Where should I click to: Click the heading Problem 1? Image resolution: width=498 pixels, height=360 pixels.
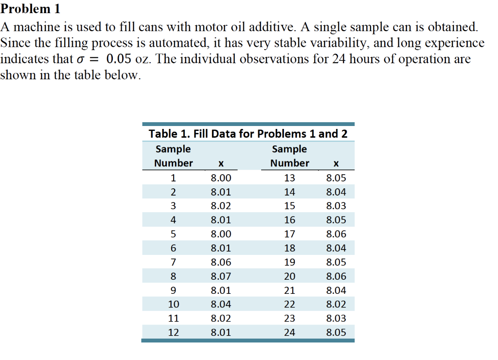[x=30, y=8]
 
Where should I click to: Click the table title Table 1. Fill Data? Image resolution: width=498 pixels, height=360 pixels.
[x=248, y=133]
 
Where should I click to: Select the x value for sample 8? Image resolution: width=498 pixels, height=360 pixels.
[x=221, y=276]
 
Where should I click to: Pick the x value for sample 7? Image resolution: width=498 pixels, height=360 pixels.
[x=221, y=262]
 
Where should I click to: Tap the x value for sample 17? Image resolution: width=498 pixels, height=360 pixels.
[x=336, y=234]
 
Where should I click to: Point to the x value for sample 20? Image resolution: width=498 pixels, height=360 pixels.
[x=336, y=276]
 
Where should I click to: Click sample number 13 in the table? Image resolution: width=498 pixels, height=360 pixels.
[x=289, y=178]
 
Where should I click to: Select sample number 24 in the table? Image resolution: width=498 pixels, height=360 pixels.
[x=289, y=333]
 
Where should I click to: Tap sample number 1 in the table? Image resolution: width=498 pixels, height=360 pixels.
[x=173, y=178]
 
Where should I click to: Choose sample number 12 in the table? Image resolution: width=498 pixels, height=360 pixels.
[x=173, y=333]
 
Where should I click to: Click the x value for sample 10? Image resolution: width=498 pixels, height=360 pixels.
[x=221, y=305]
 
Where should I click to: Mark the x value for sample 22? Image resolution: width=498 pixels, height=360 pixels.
[x=336, y=305]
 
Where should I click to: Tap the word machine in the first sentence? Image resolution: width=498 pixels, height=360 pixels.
[x=35, y=26]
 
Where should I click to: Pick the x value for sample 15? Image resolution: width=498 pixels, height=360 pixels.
[x=336, y=206]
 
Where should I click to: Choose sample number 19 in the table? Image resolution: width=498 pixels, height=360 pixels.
[x=289, y=262]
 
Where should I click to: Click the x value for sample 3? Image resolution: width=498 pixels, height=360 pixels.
[x=221, y=206]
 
